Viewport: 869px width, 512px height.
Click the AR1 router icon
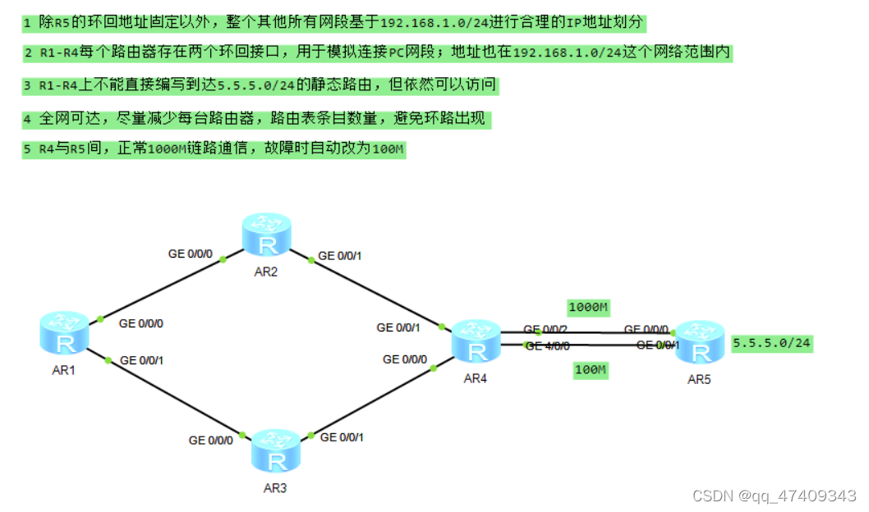point(64,335)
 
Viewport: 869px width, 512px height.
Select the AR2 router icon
point(267,235)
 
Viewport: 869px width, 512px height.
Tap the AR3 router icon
point(278,450)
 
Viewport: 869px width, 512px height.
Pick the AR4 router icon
point(476,341)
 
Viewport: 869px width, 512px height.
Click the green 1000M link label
point(588,308)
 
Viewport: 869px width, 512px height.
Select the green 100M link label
point(591,370)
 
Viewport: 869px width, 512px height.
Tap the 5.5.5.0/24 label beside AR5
point(772,344)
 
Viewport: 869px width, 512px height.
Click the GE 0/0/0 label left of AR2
point(191,254)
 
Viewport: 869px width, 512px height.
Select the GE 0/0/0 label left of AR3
point(211,441)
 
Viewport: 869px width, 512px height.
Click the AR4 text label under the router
point(476,378)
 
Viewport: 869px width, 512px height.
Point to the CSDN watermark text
point(774,496)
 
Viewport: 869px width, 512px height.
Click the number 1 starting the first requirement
point(27,21)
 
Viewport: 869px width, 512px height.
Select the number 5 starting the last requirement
point(27,149)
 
